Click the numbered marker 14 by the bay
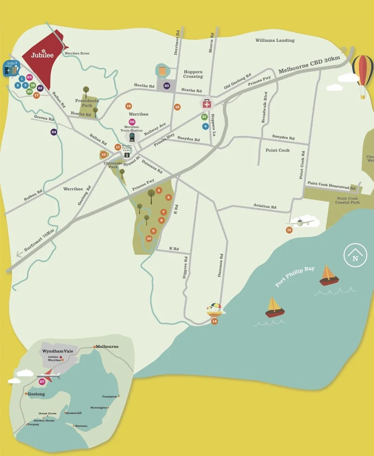point(214,321)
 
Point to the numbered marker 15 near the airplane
point(289,229)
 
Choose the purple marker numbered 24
point(54,132)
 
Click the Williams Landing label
point(275,40)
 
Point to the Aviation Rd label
point(265,206)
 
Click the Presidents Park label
point(87,102)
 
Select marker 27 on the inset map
point(42,381)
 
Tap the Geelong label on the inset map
point(36,394)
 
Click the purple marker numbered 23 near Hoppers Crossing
point(167,86)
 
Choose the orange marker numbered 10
point(149,238)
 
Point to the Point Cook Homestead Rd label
point(328,186)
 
